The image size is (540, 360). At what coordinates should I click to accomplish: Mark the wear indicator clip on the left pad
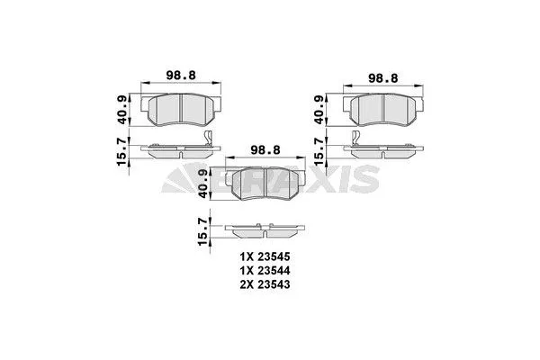[207, 139]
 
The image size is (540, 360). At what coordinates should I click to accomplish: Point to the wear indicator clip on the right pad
[356, 139]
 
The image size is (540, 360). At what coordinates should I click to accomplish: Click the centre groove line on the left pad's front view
[180, 110]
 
